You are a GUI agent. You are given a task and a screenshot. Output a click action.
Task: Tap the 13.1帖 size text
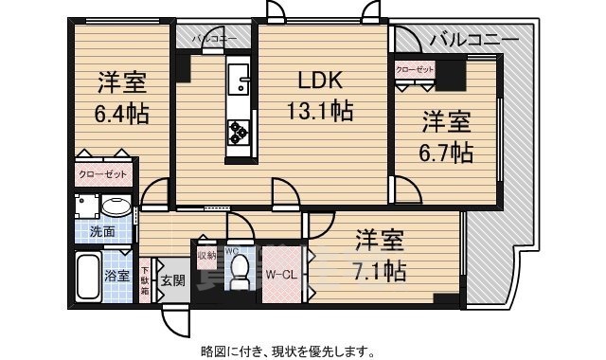coord(320,113)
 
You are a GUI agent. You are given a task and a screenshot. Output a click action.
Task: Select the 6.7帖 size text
coord(447,151)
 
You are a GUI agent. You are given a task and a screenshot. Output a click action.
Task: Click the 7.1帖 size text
coord(382,272)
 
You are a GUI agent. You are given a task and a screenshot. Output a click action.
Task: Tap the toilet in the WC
coord(241,270)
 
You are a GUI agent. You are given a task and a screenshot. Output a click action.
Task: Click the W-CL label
coord(281,276)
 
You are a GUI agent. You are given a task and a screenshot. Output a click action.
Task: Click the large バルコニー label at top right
coord(472,40)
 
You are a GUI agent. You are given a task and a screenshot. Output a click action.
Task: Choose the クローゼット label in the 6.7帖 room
coord(415,69)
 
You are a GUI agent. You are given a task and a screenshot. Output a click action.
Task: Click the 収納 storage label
coord(205,254)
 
